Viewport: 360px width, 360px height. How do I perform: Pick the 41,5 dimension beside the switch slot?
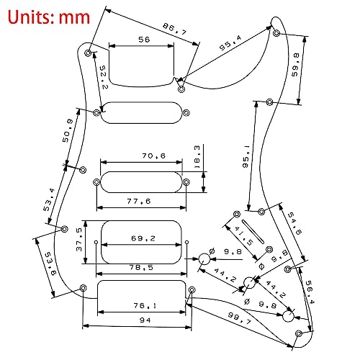click(x=243, y=235)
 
